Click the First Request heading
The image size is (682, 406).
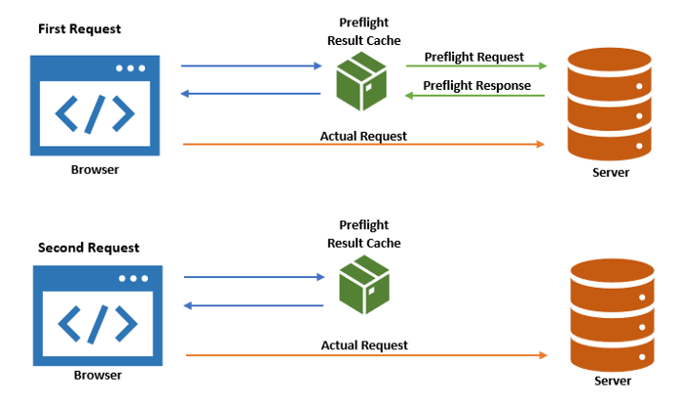(x=81, y=29)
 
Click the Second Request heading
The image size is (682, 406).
(x=89, y=248)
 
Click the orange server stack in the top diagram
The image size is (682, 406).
(x=610, y=108)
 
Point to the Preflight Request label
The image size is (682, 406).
(x=474, y=57)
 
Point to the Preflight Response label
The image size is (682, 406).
(x=476, y=86)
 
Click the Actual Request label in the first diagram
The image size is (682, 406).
(x=363, y=136)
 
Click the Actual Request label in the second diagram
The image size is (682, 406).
(x=364, y=345)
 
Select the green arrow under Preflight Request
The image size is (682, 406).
(x=475, y=67)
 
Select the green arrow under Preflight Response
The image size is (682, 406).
(x=475, y=96)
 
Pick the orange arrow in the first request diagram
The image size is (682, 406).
(x=363, y=144)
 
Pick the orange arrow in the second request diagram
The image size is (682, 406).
(x=364, y=355)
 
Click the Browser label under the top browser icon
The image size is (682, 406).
(x=95, y=169)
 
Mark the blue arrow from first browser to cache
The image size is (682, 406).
(x=251, y=66)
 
